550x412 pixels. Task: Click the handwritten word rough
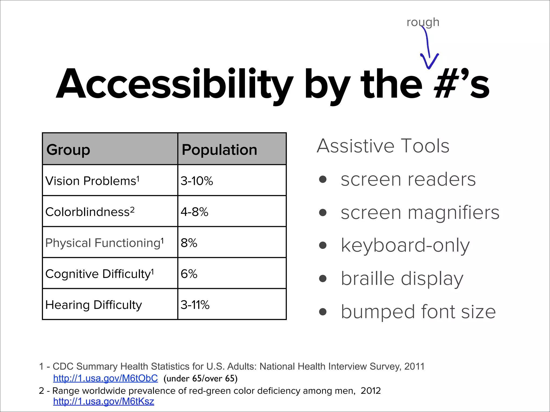423,23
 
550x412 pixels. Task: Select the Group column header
68,149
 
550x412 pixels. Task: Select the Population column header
219,149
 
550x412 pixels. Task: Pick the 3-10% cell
197,181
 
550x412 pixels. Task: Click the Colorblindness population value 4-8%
194,212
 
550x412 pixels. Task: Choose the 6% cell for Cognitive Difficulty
189,274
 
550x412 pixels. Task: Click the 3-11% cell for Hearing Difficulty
195,305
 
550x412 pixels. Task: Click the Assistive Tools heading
383,146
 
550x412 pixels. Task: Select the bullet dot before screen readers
323,179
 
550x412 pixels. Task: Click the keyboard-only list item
405,245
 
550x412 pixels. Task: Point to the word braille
367,278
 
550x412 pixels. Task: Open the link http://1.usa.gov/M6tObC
105,378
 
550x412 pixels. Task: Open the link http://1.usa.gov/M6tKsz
103,401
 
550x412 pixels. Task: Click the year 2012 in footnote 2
370,391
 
